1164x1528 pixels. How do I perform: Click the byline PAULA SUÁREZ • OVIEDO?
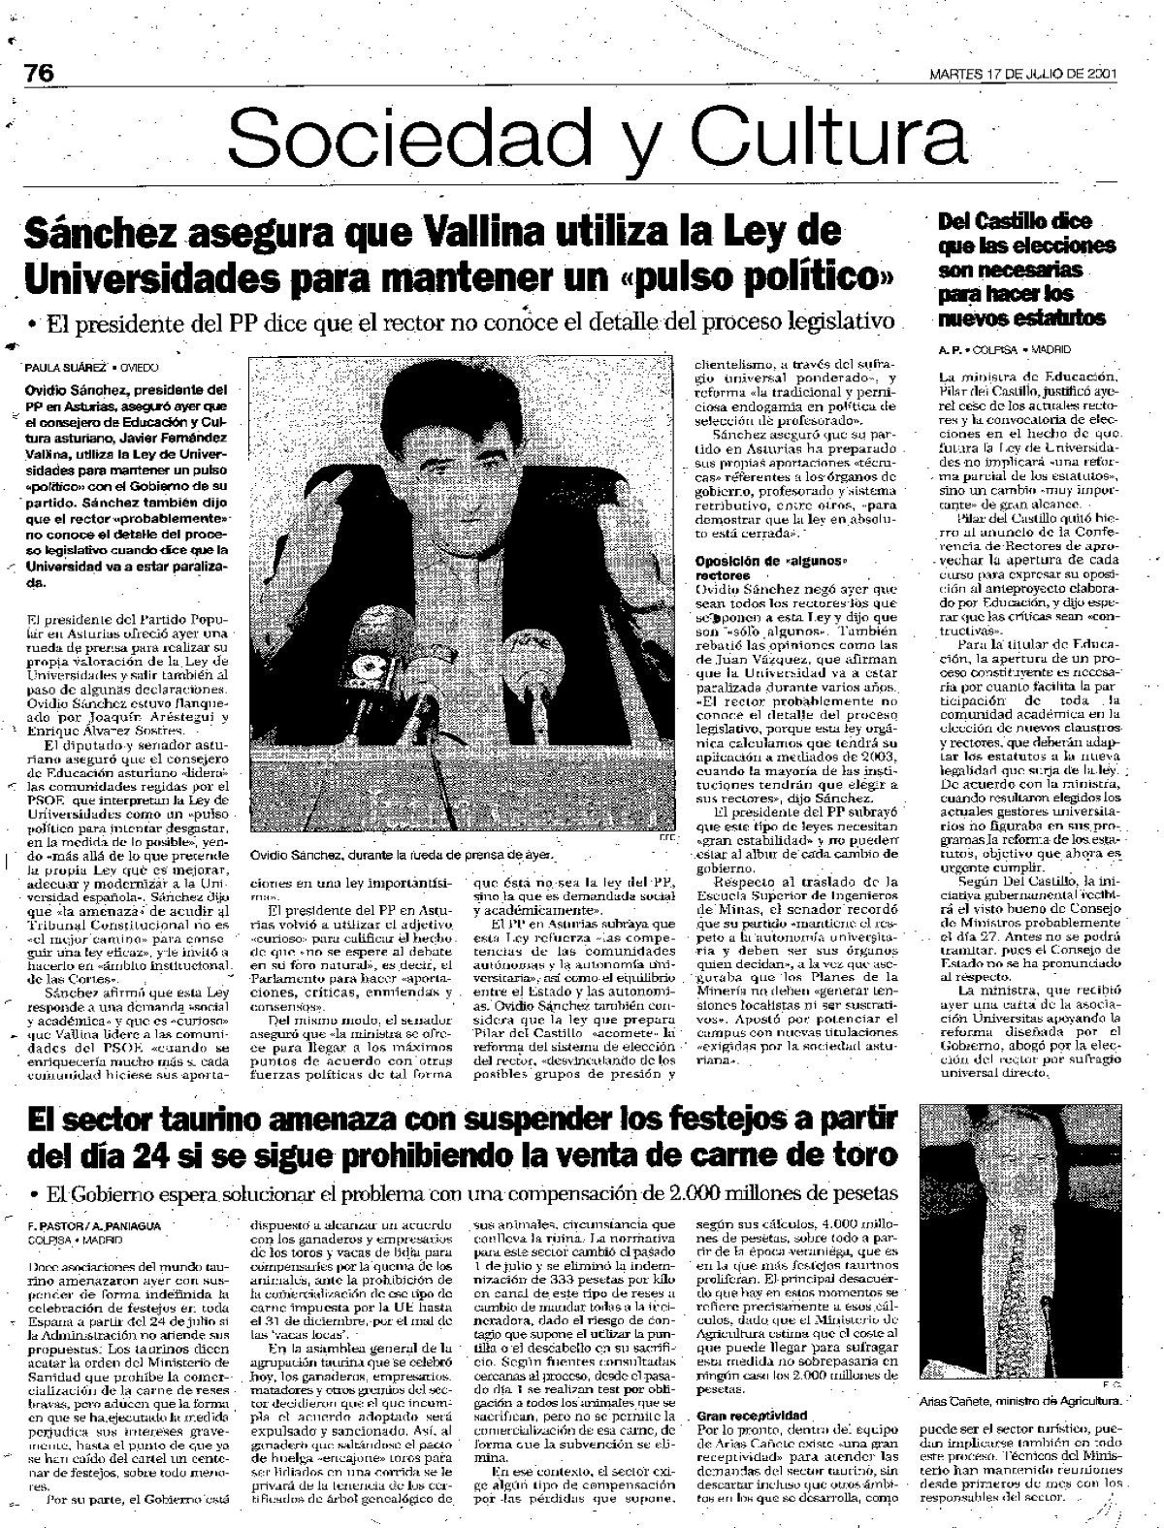(x=93, y=368)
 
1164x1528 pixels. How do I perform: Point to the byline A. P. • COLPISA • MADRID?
(x=1003, y=347)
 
